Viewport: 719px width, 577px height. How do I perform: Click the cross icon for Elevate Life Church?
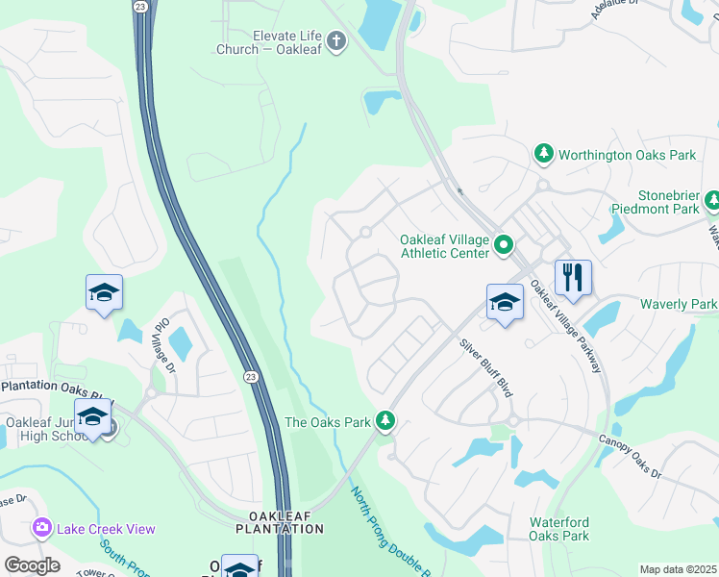(335, 40)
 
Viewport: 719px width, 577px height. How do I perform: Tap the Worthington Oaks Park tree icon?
(544, 154)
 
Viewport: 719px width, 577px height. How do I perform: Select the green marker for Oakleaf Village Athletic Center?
(503, 247)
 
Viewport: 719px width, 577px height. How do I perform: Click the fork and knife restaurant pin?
(573, 278)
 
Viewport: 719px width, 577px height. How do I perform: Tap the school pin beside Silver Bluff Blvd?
(505, 302)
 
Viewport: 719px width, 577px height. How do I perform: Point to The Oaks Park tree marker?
(385, 421)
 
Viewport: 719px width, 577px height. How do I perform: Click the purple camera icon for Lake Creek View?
(41, 528)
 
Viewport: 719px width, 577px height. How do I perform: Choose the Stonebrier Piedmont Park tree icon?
(712, 200)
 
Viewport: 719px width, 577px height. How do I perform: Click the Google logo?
(32, 564)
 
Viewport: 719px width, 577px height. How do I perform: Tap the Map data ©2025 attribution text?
(678, 569)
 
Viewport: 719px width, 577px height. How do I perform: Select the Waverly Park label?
(679, 304)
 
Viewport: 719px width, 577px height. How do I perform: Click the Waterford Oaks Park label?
(558, 529)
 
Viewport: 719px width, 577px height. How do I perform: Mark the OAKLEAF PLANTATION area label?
(280, 522)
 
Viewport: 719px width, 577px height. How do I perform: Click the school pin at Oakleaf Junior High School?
(92, 418)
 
